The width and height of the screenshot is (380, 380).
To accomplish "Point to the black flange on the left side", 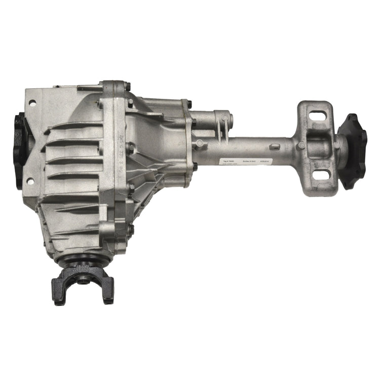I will pyautogui.click(x=19, y=150).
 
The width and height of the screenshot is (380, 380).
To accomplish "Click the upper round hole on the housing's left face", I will pyautogui.click(x=32, y=103).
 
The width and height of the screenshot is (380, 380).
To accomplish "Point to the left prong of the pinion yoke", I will pyautogui.click(x=59, y=291).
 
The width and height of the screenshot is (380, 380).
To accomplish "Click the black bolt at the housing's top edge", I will pyautogui.click(x=127, y=87).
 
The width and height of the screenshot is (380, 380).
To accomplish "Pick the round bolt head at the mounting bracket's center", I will pyautogui.click(x=301, y=145).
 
